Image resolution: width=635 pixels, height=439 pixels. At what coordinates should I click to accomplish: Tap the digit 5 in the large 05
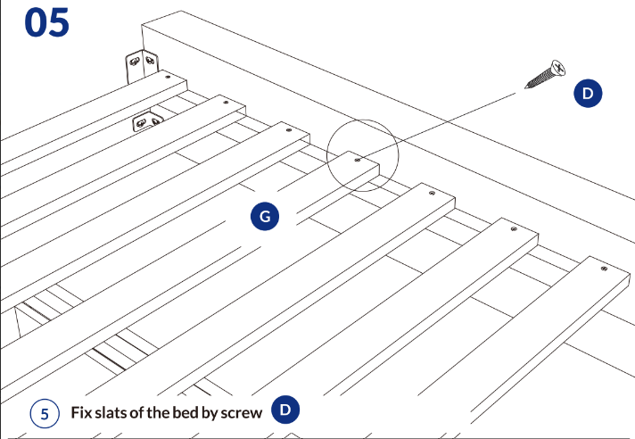pyautogui.click(x=59, y=22)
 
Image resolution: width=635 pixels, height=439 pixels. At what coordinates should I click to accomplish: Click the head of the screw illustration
pyautogui.click(x=557, y=68)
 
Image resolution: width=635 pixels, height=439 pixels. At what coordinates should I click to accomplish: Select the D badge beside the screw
pyautogui.click(x=588, y=93)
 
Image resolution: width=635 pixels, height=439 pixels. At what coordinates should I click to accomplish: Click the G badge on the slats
pyautogui.click(x=265, y=215)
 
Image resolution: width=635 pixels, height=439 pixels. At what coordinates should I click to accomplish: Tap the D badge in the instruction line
pyautogui.click(x=285, y=410)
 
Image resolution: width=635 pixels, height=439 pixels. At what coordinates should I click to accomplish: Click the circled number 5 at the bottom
pyautogui.click(x=44, y=413)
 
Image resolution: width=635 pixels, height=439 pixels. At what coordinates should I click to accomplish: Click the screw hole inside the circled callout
pyautogui.click(x=358, y=161)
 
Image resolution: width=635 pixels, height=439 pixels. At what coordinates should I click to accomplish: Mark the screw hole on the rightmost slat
pyautogui.click(x=605, y=268)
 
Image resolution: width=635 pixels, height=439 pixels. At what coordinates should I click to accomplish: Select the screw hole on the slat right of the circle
pyautogui.click(x=433, y=193)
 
